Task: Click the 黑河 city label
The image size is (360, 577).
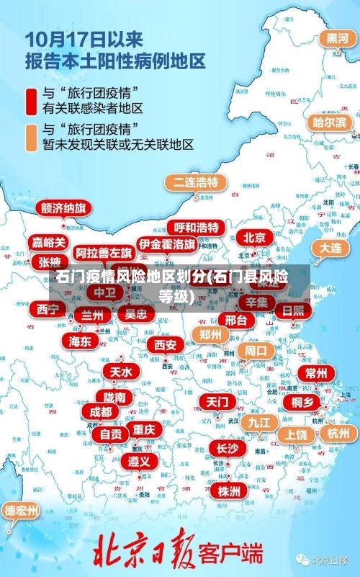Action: (337, 39)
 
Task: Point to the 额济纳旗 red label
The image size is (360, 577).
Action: (63, 208)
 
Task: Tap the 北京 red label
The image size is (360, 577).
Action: (253, 237)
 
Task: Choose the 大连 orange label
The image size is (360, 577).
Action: (330, 247)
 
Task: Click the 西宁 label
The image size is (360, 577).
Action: (48, 309)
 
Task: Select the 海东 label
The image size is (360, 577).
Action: (80, 340)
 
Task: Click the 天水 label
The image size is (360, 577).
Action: (120, 372)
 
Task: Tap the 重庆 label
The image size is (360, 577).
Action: (144, 429)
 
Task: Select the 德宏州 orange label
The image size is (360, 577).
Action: (22, 511)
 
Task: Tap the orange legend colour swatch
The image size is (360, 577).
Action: (32, 137)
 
